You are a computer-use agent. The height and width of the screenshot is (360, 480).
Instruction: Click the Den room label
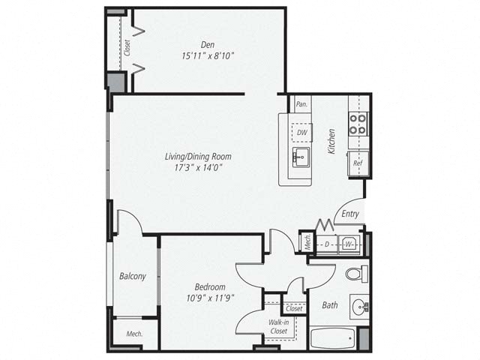point(208,45)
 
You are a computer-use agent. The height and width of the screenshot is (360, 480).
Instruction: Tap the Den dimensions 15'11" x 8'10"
point(208,56)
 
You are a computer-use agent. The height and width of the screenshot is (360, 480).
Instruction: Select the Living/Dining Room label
point(198,157)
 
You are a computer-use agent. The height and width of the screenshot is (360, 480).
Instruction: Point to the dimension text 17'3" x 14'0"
point(198,168)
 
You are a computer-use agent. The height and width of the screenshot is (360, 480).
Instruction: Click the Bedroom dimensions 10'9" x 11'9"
point(210,298)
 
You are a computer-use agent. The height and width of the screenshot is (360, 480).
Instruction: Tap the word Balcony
point(133,276)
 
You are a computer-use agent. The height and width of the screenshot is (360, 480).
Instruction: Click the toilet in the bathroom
point(357,274)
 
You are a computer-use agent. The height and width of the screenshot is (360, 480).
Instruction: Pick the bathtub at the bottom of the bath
point(332,338)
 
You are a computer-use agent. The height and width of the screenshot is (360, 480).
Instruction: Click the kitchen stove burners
point(358,124)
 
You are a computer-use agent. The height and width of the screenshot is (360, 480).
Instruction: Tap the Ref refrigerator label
point(358,163)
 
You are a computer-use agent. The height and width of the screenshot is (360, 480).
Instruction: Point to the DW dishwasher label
point(301,133)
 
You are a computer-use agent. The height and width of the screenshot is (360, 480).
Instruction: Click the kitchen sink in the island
point(301,157)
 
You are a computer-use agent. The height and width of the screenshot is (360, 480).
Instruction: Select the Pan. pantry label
point(301,104)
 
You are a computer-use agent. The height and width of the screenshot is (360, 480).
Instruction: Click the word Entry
point(350,214)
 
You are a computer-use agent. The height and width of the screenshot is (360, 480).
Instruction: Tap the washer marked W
point(349,244)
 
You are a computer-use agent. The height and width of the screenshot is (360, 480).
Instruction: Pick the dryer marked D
point(327,244)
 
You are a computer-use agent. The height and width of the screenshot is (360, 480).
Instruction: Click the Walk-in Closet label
point(278,327)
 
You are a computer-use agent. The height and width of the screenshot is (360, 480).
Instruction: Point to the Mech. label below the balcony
point(135,334)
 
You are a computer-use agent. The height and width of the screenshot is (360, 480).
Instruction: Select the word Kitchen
point(331,141)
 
